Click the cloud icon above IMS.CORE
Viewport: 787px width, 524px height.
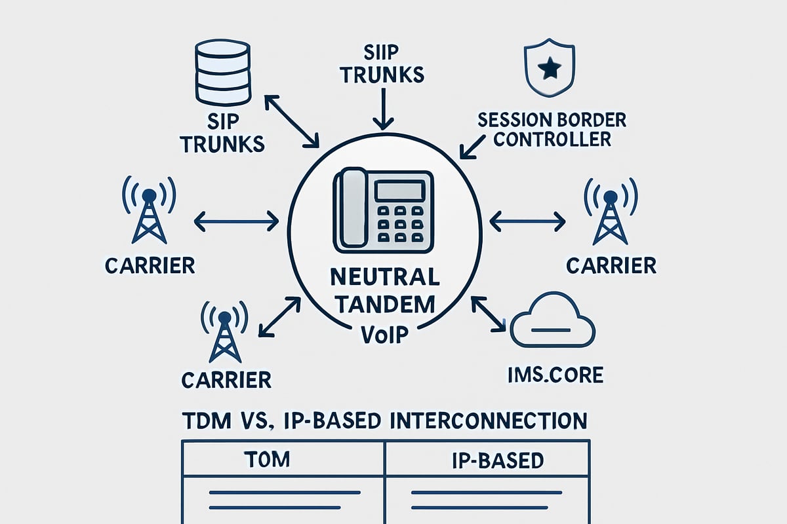[552, 324]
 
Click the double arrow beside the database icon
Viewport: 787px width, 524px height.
[291, 121]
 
